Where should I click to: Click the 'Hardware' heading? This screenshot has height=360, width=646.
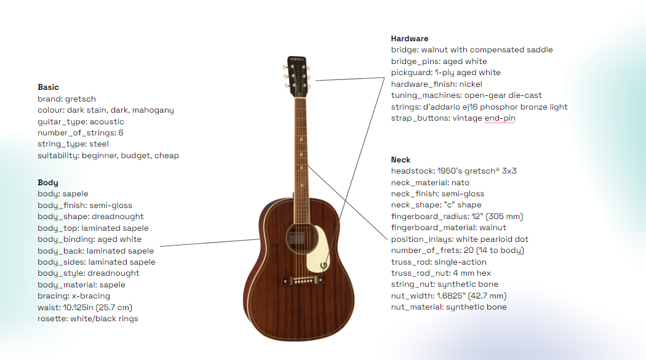coord(410,39)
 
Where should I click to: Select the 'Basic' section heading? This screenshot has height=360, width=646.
coord(48,87)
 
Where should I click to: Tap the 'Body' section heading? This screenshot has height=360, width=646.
coord(48,183)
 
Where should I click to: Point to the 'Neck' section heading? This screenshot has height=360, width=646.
coord(401,160)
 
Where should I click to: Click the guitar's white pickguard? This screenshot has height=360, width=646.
coord(319,250)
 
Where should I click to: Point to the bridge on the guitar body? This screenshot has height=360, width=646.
coord(303,281)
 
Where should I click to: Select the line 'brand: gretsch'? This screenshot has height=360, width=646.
coord(66,99)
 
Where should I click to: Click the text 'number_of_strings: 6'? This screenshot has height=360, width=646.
coord(81,133)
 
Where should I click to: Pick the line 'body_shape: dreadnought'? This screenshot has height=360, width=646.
coord(90,217)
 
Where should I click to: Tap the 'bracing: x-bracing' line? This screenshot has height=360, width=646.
coord(74,296)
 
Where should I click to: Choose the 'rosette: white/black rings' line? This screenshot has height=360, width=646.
coord(88,319)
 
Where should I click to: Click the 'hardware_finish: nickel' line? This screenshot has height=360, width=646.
coord(436,84)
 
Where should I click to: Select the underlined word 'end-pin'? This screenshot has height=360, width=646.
coord(500,118)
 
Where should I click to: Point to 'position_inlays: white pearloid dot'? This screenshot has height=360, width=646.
coord(460,239)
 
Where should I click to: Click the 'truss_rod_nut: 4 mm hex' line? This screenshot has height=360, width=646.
coord(441,273)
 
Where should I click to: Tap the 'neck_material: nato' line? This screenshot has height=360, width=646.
coord(430,183)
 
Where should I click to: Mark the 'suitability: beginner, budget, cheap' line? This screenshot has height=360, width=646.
coord(108,156)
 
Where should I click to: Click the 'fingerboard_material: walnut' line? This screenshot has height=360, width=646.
coord(449,228)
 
